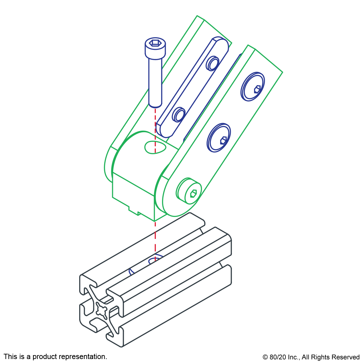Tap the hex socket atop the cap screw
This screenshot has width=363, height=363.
pos(155,43)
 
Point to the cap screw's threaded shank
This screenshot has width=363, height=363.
pos(155,82)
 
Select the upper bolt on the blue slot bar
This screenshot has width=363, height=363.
pos(213,64)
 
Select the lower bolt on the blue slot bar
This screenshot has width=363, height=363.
pos(179,115)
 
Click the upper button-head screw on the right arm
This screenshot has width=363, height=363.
pos(252,86)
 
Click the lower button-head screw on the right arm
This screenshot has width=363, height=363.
pos(219,138)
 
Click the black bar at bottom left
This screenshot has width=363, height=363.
pos(55,357)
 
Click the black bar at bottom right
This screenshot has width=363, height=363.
pos(311,358)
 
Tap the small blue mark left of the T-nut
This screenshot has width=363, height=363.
pos(131,272)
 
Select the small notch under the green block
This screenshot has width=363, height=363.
pos(134,210)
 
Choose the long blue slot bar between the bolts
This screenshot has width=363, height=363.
pos(195,89)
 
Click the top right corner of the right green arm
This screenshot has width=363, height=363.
pos(282,72)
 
